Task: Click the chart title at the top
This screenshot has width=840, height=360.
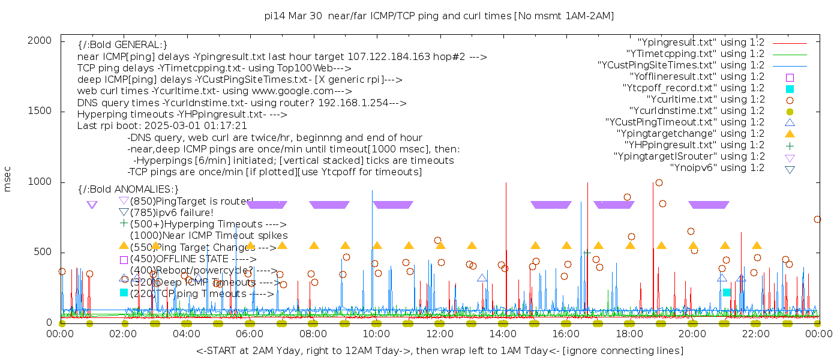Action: pos(439,16)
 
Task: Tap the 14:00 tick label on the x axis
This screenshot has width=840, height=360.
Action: pos(503,335)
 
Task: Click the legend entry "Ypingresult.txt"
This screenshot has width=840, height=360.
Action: pos(700,43)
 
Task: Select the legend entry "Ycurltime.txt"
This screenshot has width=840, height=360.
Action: pos(706,100)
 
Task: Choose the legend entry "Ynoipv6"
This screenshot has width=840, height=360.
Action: pos(717,168)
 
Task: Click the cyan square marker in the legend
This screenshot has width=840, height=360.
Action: pos(790,89)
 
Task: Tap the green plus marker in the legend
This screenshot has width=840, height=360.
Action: pos(790,146)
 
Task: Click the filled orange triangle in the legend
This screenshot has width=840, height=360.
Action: pos(790,134)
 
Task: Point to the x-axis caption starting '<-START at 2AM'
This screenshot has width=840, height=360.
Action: pos(439,350)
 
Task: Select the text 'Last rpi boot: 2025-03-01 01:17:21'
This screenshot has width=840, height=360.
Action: pos(162,126)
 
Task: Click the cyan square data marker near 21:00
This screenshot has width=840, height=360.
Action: pos(727,292)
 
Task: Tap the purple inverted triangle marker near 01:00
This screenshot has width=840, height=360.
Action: pos(92,205)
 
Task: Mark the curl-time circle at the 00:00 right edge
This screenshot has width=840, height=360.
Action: pos(817,220)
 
